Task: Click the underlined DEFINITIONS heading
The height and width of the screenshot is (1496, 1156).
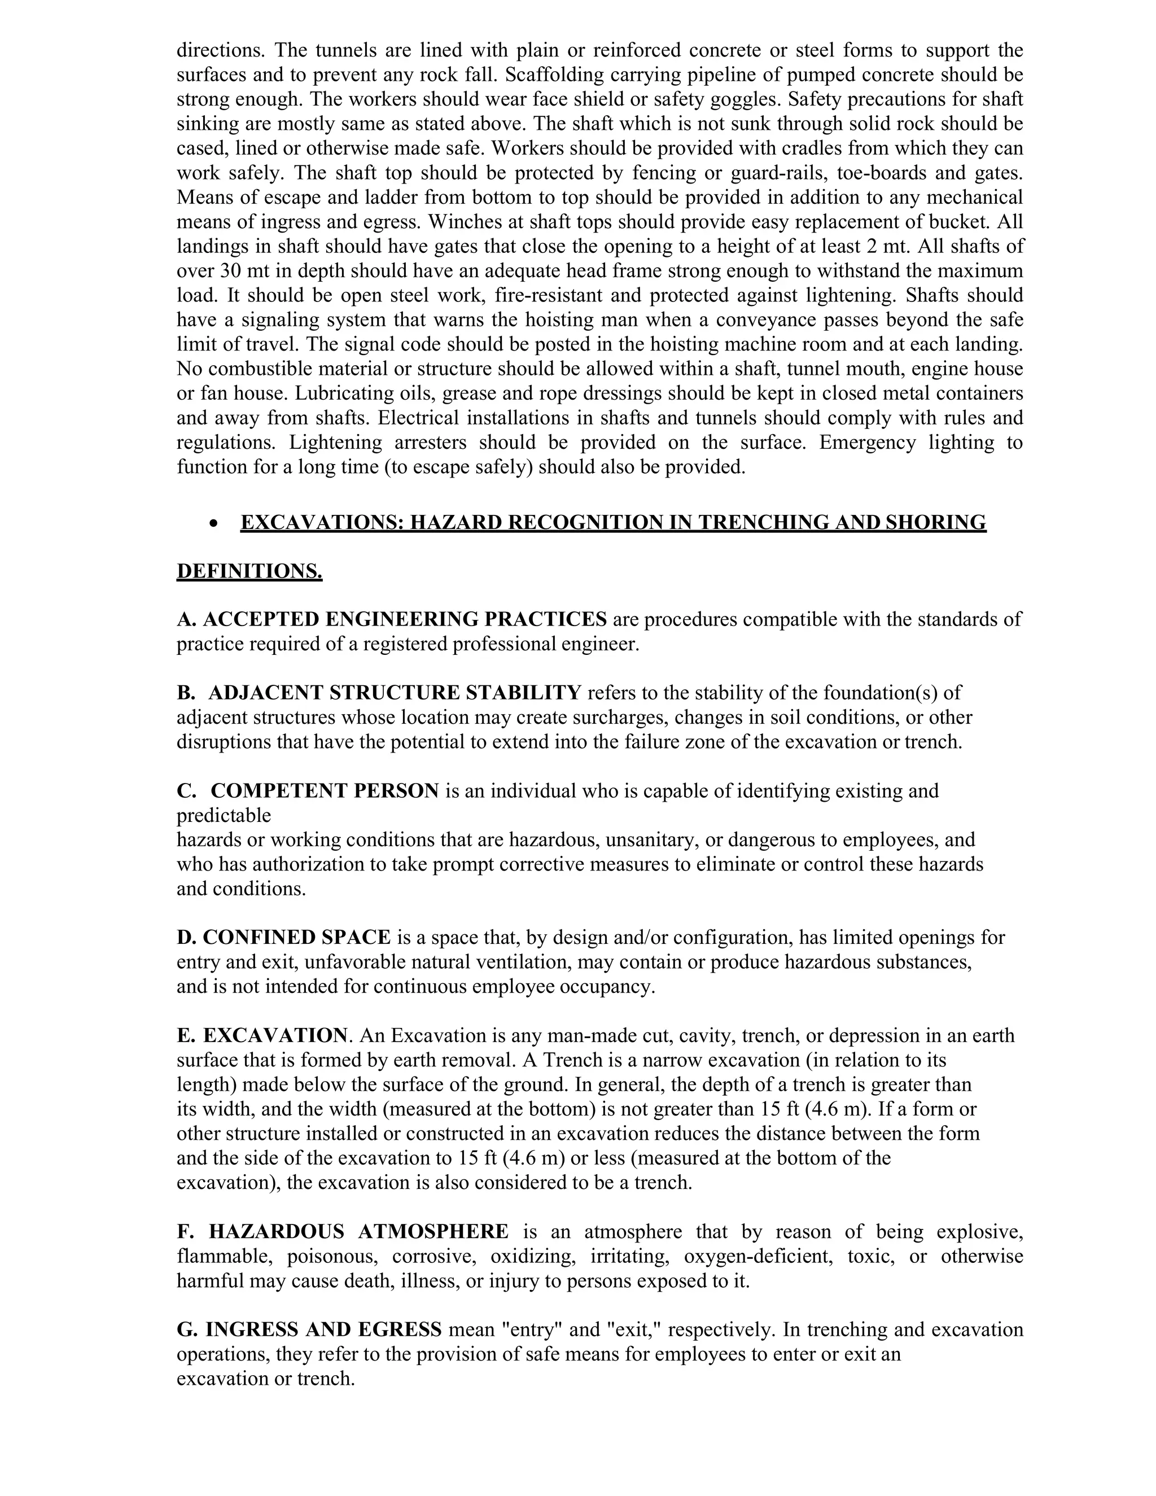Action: [249, 571]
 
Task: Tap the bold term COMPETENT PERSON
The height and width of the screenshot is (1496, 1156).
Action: [325, 790]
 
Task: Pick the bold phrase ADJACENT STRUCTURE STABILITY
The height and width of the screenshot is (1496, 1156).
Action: [395, 693]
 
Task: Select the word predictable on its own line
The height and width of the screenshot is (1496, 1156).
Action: [224, 815]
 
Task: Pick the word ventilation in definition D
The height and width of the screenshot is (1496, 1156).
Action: [529, 962]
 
